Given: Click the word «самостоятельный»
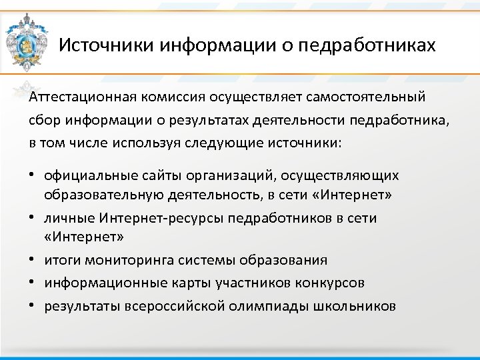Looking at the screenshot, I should pos(366,98).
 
